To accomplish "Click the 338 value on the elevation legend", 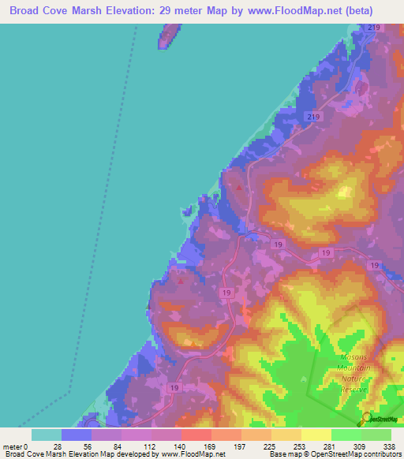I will coord(388,446).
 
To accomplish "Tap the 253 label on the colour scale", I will coord(299,446).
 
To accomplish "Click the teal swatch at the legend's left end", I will coord(46,435).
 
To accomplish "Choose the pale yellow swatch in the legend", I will coord(316,435).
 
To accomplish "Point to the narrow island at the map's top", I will coord(168,36).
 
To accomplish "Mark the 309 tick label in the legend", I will coord(359,446).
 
